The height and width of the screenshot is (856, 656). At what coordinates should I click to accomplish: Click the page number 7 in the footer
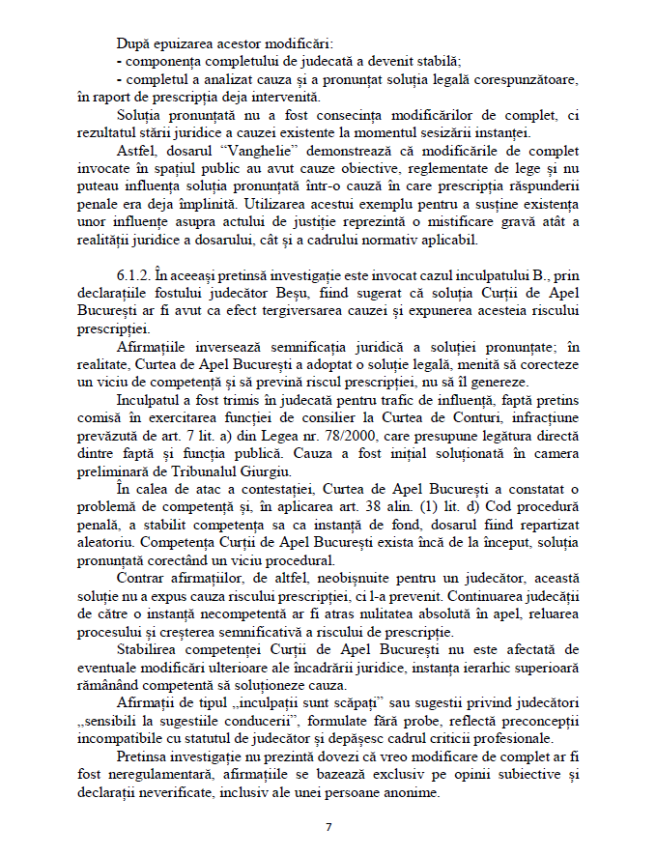[328, 827]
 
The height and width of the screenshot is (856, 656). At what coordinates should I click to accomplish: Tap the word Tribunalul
[197, 471]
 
